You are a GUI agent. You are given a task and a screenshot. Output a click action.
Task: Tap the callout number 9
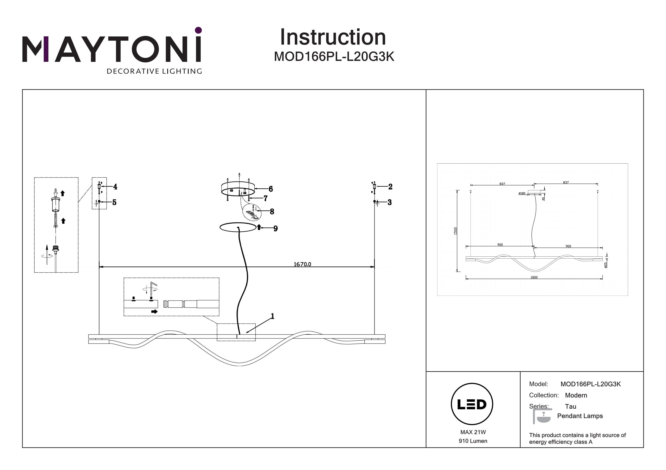[275, 228]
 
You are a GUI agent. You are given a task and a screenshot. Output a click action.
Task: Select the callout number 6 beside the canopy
[271, 189]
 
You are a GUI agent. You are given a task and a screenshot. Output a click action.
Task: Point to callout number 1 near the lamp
[272, 316]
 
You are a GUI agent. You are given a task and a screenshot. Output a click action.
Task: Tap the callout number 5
[114, 202]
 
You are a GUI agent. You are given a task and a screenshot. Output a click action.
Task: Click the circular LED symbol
[472, 404]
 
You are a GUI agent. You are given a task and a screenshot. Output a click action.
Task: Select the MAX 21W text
[473, 432]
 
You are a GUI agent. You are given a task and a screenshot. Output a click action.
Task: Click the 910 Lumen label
[473, 441]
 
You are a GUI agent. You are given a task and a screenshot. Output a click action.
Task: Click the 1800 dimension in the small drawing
[534, 277]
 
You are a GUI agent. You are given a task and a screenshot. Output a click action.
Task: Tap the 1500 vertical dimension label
[455, 231]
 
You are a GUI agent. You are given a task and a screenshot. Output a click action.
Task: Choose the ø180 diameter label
[522, 193]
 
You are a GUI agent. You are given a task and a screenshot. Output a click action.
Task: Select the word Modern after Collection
[576, 395]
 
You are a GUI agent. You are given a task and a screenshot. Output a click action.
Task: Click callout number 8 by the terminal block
[272, 212]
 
